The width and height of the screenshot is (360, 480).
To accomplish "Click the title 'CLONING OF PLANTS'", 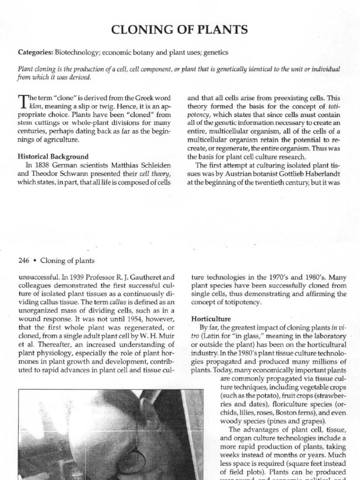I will [x=180, y=30].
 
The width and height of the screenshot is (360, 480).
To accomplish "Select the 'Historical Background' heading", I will [x=53, y=156].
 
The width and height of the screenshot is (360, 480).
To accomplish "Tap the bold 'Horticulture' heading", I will [x=208, y=317].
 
